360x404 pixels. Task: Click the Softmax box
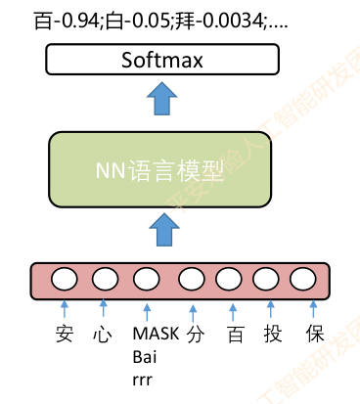point(161,61)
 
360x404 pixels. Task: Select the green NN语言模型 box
point(161,173)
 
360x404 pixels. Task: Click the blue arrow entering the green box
point(161,233)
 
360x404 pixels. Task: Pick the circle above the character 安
point(65,279)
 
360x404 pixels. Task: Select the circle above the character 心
point(105,279)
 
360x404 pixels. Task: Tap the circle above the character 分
point(193,279)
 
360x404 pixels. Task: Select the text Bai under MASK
point(144,354)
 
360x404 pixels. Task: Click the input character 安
point(65,334)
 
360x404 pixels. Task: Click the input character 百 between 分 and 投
point(235,334)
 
